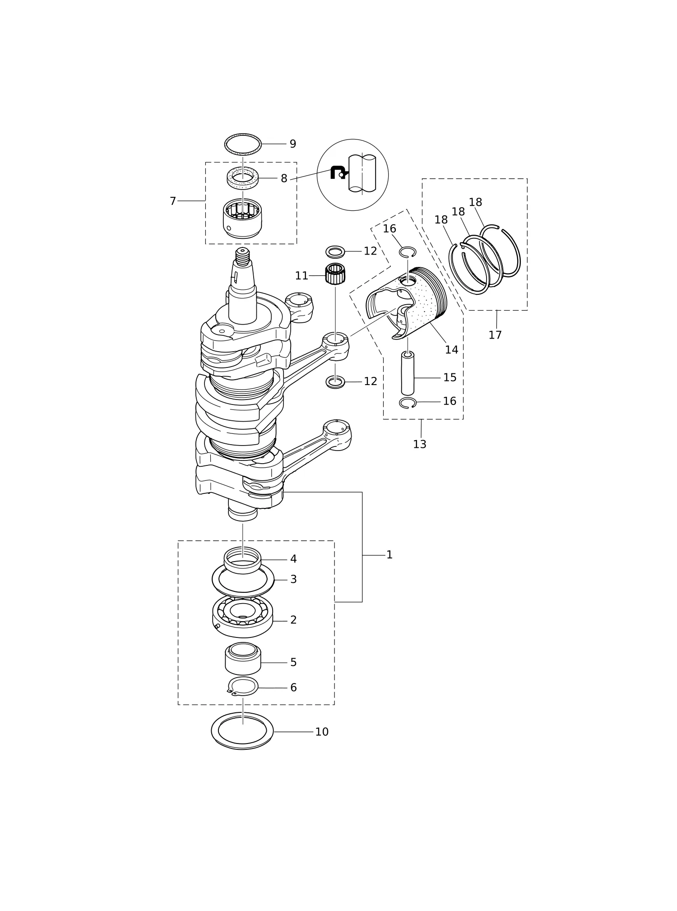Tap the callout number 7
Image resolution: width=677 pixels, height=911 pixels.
coord(172,201)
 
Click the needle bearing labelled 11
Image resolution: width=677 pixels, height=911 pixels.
coord(335,274)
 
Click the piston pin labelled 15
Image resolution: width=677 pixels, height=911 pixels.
coord(408,373)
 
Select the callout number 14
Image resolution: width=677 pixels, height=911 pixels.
coord(451,350)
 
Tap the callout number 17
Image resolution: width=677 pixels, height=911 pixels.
coord(495,335)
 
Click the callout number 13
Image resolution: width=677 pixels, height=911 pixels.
coord(420,444)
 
